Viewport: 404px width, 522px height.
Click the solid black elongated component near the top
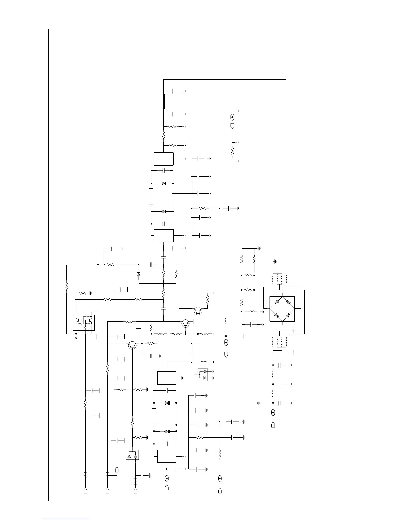pos(164,101)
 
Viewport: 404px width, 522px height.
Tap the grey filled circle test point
pos(259,403)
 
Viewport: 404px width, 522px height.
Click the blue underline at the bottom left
pos(65,519)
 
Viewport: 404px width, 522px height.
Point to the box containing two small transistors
pos(84,323)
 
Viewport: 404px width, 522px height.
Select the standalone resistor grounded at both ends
pos(232,152)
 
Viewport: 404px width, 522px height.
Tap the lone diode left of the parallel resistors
pos(139,274)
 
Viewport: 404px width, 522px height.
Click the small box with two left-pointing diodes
pos(203,375)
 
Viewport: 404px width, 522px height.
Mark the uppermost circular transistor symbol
pos(198,310)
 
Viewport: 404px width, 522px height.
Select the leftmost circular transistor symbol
pos(132,345)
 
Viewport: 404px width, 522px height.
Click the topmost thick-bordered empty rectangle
pos(164,159)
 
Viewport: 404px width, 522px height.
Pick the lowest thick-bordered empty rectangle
pos(166,456)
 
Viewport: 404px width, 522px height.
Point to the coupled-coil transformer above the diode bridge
pos(279,279)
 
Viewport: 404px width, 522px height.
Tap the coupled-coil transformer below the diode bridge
pos(279,342)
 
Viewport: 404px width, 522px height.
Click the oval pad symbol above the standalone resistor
pos(232,117)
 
